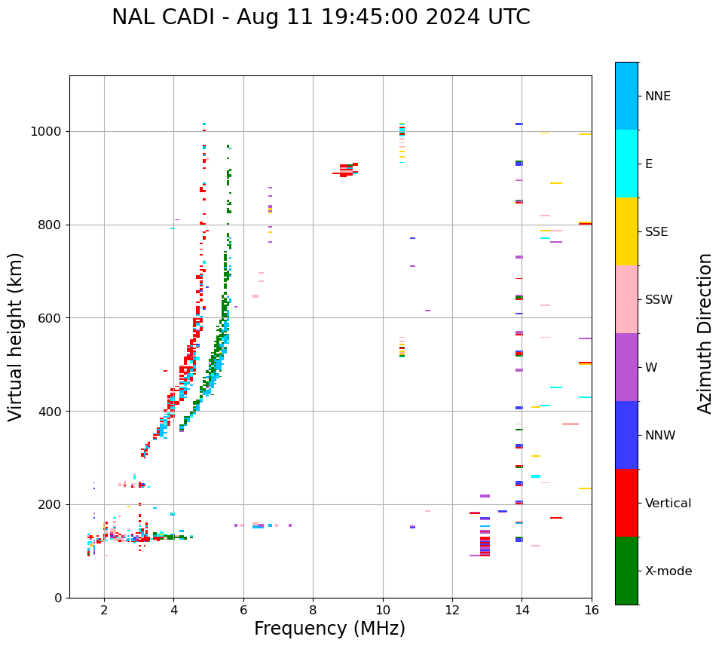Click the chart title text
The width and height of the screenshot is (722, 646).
tap(321, 17)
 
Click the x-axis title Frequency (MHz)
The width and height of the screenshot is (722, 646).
tap(329, 629)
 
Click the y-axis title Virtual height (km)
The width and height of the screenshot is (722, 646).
tap(16, 337)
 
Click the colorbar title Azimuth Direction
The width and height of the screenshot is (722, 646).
tap(705, 333)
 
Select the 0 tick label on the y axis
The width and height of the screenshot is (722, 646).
tap(58, 598)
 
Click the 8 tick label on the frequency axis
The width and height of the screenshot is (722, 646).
tap(313, 610)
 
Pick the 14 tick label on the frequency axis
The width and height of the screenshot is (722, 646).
tap(522, 610)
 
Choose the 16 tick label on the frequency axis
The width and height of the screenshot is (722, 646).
tap(591, 610)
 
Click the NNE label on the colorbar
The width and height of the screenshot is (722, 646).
tap(658, 96)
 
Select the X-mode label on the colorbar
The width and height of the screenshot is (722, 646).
tap(668, 571)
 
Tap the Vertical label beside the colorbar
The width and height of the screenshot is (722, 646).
tap(668, 504)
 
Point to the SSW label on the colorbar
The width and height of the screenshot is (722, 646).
tap(659, 300)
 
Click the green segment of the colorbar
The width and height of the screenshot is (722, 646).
tap(626, 571)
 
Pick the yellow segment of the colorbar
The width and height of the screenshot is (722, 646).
tap(626, 231)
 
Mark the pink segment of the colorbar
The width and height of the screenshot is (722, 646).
tap(626, 299)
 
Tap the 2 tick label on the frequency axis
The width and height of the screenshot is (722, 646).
tap(104, 610)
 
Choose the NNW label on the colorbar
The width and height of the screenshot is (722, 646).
tap(660, 436)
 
